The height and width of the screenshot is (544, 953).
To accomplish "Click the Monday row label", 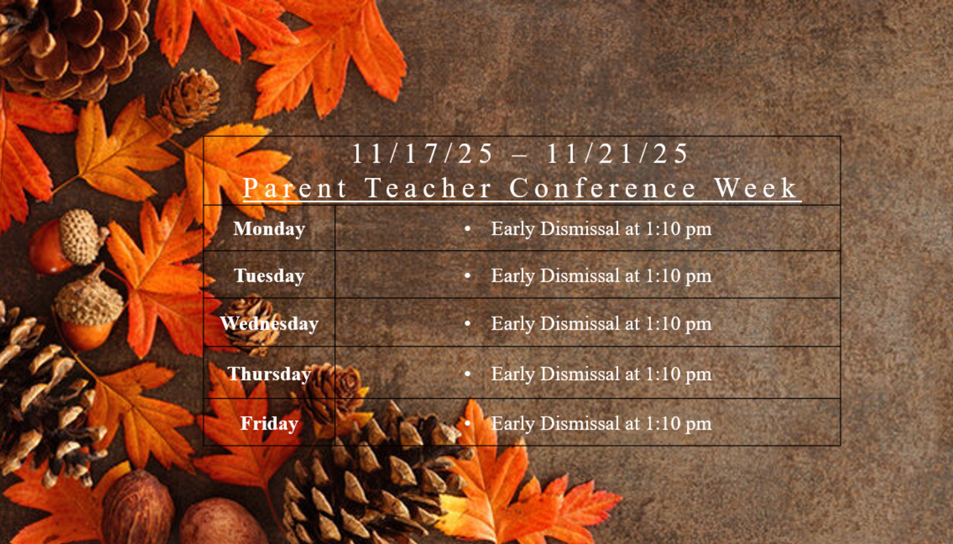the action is click(x=269, y=229).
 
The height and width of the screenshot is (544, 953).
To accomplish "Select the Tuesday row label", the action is click(x=269, y=276).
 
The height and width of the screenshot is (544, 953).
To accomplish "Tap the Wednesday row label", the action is click(x=269, y=324).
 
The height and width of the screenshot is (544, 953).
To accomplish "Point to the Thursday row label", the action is click(x=269, y=373).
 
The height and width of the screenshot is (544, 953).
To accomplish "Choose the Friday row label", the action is click(x=269, y=423).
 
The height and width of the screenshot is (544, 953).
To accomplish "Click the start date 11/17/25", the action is click(x=422, y=154).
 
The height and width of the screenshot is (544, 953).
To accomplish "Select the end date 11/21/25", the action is click(x=617, y=154).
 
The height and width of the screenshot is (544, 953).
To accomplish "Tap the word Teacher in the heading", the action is click(x=428, y=188).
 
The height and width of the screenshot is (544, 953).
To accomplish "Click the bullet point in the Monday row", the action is click(x=467, y=229).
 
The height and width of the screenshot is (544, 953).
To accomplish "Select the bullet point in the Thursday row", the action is click(x=467, y=373).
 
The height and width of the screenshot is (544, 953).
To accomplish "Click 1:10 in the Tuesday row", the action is click(x=661, y=276).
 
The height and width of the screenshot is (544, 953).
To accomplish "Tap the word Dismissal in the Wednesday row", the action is click(x=580, y=324).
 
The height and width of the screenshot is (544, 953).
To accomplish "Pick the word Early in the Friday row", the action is click(x=513, y=423).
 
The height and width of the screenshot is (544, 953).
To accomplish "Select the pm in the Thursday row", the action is click(x=697, y=375).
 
